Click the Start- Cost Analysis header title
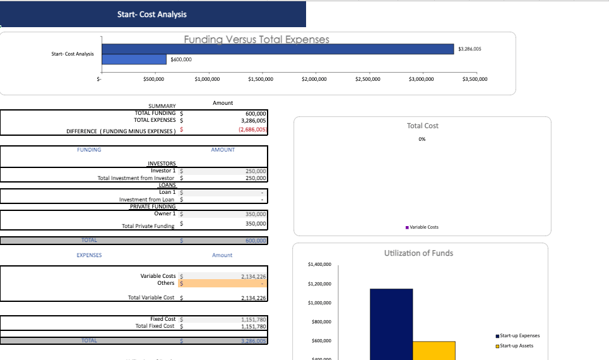152,14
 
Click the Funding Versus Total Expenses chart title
256,39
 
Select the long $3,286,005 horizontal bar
278,49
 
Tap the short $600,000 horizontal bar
134,59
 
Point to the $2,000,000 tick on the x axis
314,79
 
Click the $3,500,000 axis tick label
475,79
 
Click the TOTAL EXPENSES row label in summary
155,119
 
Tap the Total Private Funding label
148,225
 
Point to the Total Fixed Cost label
155,326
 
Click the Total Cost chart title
422,126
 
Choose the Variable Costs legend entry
423,227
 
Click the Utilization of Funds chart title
418,253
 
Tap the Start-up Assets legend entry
516,345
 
